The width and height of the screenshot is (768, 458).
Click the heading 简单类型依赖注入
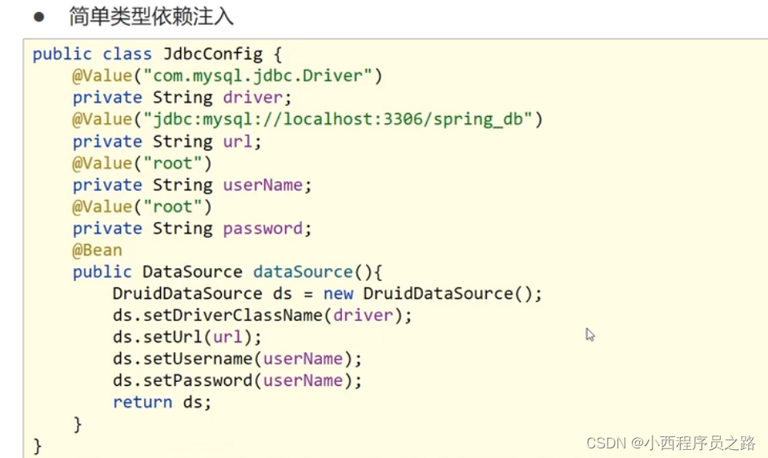click(151, 17)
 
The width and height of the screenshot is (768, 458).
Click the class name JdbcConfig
click(212, 54)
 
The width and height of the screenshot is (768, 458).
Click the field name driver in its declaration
click(253, 98)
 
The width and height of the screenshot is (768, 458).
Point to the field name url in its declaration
click(238, 142)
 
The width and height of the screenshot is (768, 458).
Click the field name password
click(263, 228)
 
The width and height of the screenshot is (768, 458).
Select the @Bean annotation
click(97, 250)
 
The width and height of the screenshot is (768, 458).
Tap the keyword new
click(338, 293)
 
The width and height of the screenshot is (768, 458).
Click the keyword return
click(143, 402)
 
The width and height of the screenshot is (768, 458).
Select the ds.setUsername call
click(187, 358)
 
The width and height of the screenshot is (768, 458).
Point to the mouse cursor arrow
click(589, 334)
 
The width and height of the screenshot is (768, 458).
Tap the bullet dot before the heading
click(38, 17)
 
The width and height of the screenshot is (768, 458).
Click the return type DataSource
click(192, 271)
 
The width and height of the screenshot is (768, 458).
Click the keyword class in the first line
click(127, 54)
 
